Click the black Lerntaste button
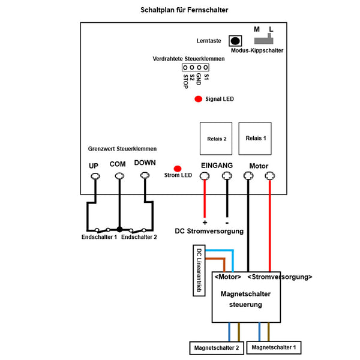pos(235,41)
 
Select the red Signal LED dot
pos(199,99)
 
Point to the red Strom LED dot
pos(178,169)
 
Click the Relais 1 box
pos(255,139)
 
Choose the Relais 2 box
pos(216,139)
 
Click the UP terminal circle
pos(95,176)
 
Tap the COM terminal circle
pos(119,176)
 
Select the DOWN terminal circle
pos(145,176)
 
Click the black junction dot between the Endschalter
pos(119,229)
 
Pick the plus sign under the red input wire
pos(205,223)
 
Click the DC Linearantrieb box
pos(199,271)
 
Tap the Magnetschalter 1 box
pos(274,347)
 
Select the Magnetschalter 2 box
pos(217,348)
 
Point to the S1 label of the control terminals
pos(206,77)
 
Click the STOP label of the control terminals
pos(185,82)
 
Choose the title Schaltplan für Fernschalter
pos(184,10)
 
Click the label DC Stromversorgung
pos(209,231)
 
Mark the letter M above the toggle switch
pos(257,29)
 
